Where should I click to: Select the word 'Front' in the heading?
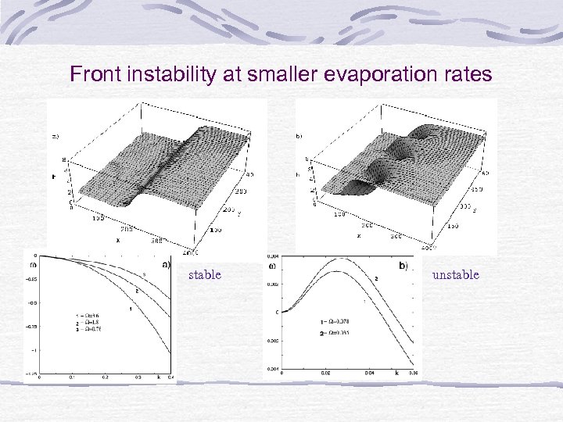[x=93, y=74]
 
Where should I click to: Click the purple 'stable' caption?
[x=205, y=274]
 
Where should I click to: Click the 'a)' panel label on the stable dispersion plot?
[x=166, y=264]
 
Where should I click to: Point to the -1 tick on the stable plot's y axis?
[x=34, y=350]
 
